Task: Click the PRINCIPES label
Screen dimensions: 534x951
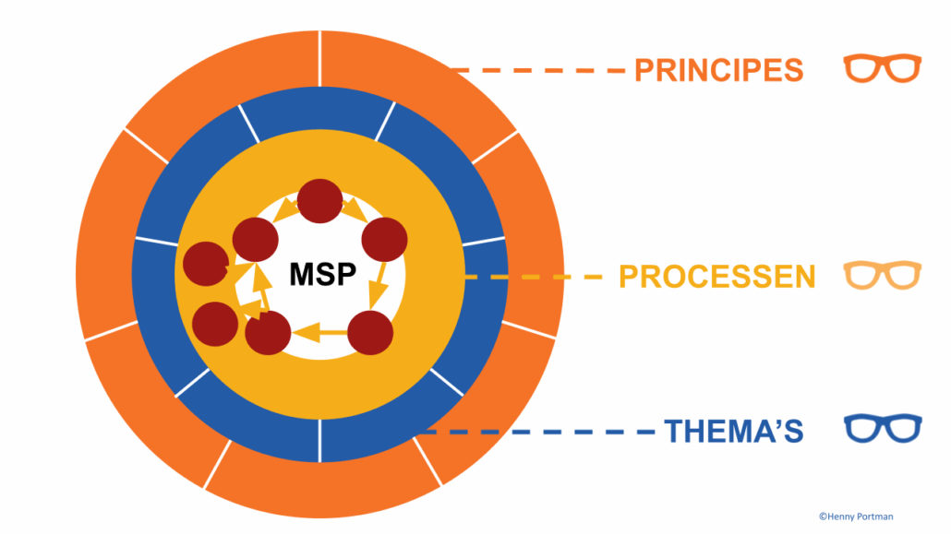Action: pyautogui.click(x=718, y=70)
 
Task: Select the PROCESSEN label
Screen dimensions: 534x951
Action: pyautogui.click(x=716, y=276)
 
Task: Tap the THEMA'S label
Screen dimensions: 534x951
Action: pyautogui.click(x=733, y=431)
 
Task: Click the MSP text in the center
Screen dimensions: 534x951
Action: pyautogui.click(x=322, y=274)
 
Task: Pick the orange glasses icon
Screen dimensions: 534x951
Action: pyautogui.click(x=882, y=69)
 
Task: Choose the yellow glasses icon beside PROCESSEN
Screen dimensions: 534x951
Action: pyautogui.click(x=882, y=275)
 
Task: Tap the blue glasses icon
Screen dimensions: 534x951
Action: pyautogui.click(x=882, y=430)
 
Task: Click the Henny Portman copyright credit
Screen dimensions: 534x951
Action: pyautogui.click(x=855, y=516)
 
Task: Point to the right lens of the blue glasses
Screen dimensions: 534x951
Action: pyautogui.click(x=901, y=431)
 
